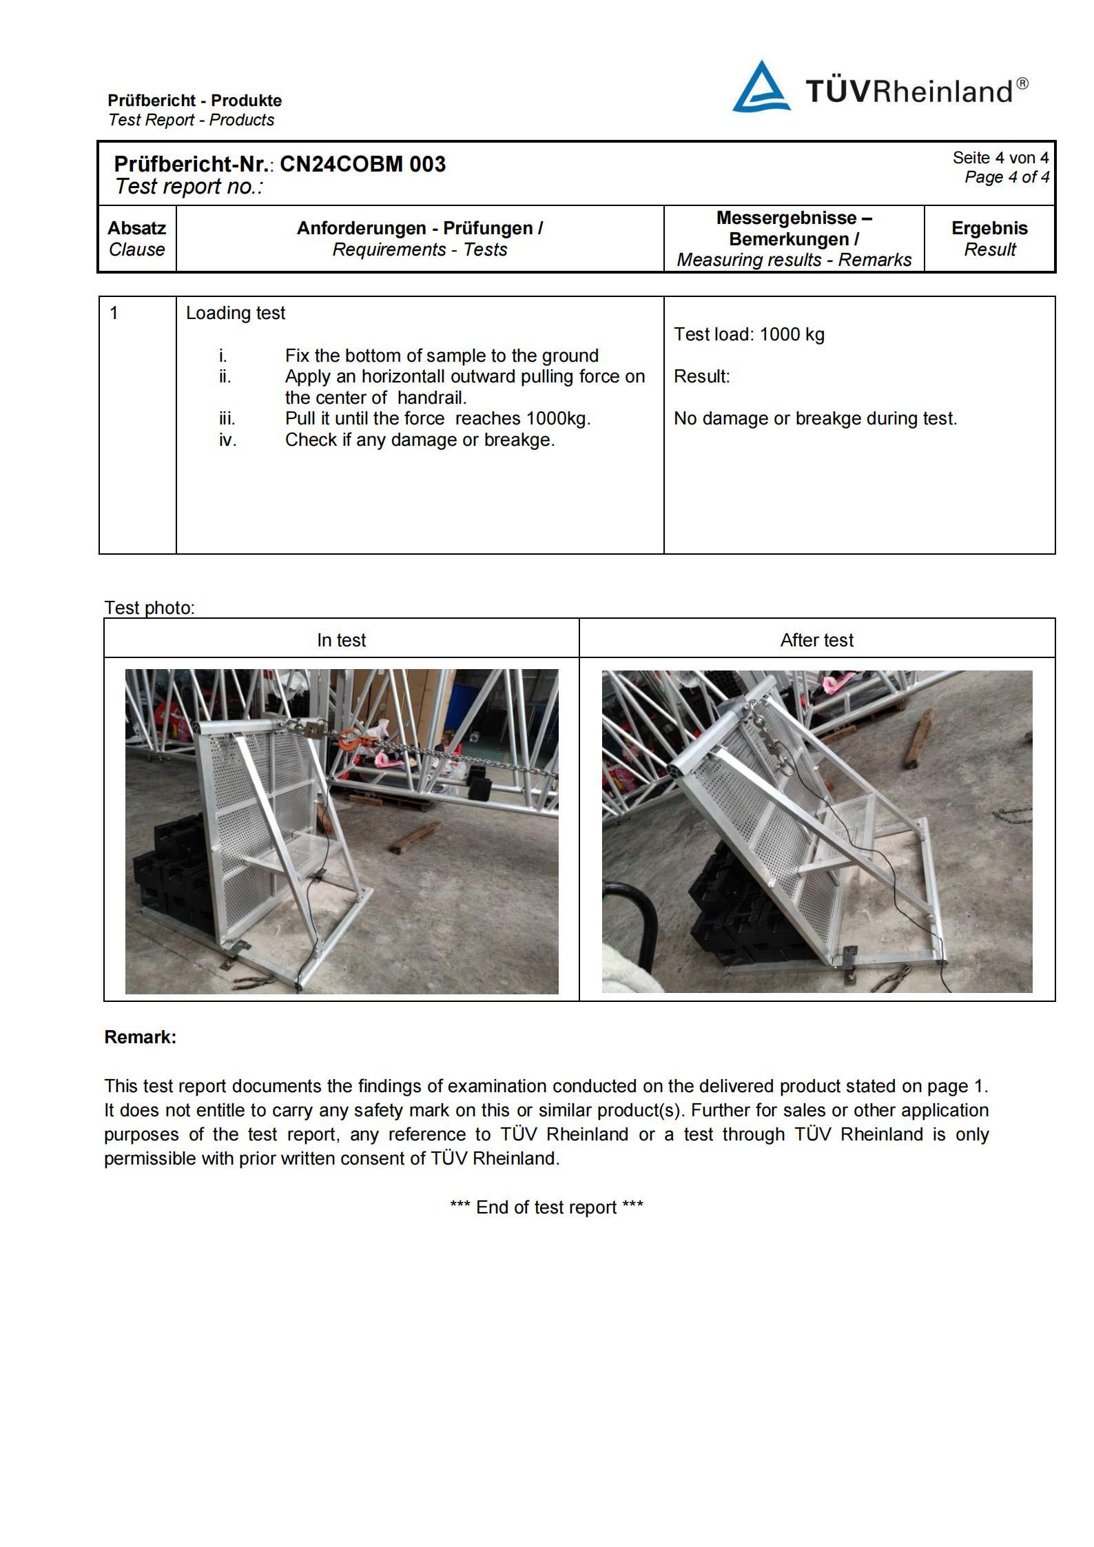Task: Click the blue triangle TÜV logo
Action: coord(761,88)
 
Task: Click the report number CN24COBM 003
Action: coord(362,164)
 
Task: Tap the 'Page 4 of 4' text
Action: coord(1006,177)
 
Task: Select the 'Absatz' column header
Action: coord(136,228)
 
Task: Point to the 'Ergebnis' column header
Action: coord(989,228)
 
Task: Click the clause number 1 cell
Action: coord(114,313)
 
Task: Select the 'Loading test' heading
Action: coord(235,313)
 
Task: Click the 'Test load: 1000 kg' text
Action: coord(748,334)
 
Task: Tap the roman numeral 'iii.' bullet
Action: coord(227,418)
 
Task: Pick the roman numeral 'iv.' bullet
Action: coord(227,440)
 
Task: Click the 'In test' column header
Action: coord(341,640)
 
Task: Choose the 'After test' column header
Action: coord(816,640)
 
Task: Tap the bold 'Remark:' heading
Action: coord(140,1037)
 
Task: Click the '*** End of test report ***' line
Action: coord(546,1207)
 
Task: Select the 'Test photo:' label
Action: coord(149,608)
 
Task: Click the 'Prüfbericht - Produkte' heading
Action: coord(194,101)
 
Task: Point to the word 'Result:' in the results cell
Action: coord(701,376)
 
